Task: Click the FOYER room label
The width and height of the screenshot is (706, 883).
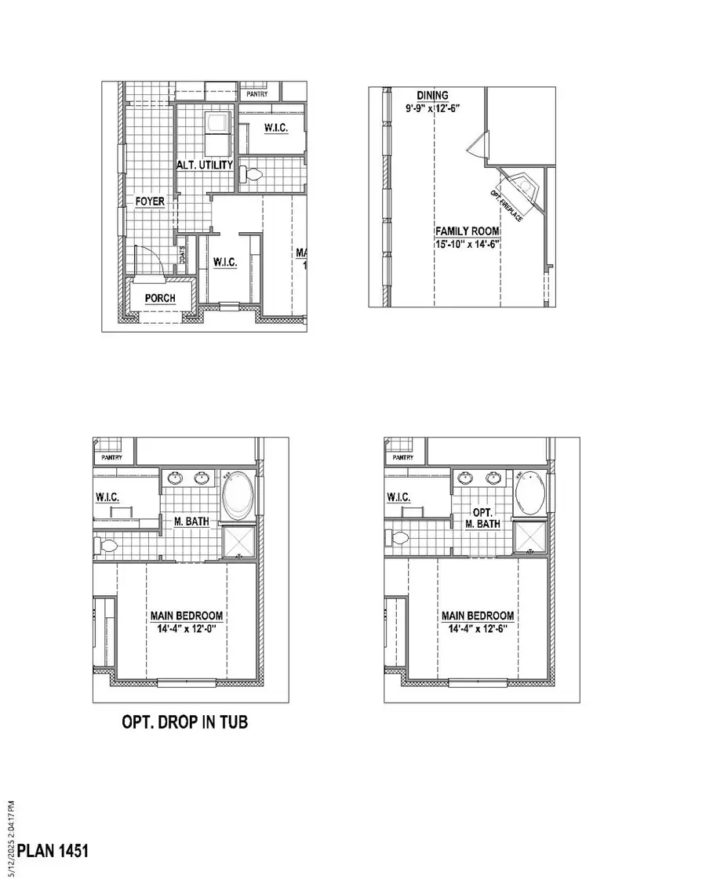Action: click(149, 202)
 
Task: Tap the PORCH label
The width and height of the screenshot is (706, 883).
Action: click(159, 298)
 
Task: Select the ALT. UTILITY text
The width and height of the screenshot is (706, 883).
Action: click(203, 165)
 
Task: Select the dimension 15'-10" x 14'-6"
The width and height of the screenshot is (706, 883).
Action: click(468, 244)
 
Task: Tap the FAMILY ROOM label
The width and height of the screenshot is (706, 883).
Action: click(468, 231)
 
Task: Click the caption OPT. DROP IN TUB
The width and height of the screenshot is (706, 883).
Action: click(184, 721)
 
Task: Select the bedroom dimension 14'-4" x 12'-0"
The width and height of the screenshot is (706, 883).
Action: click(187, 629)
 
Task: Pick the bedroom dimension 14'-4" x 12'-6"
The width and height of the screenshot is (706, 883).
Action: click(478, 629)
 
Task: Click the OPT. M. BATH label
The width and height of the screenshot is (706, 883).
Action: click(482, 518)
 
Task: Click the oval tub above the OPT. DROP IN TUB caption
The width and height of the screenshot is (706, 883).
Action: click(238, 496)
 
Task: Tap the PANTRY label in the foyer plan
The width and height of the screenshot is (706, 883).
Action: click(257, 94)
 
